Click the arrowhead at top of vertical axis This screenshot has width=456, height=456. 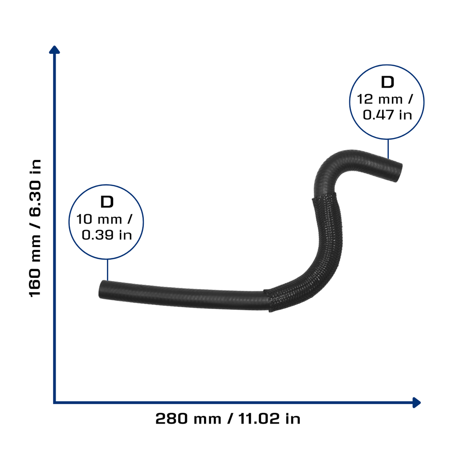(54, 50)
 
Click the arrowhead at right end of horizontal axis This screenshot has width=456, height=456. (416, 403)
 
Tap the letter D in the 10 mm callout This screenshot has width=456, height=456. (107, 202)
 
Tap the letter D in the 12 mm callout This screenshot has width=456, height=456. (387, 82)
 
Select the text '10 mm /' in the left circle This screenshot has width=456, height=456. (104, 219)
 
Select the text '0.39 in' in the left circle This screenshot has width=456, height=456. (107, 235)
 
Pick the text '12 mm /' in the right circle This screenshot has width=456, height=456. (385, 99)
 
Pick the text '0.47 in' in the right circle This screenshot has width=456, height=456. (387, 115)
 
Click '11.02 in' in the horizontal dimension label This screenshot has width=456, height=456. (269, 419)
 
